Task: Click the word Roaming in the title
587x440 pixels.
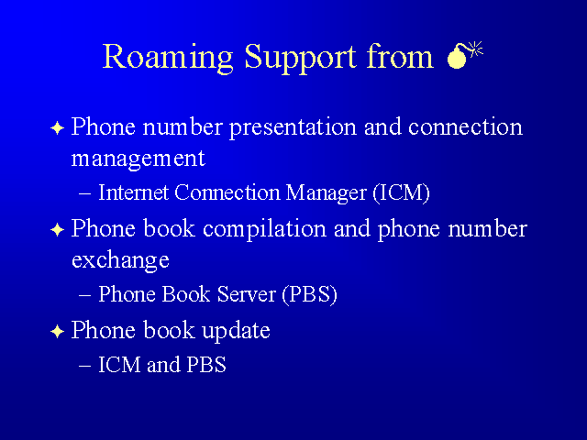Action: [x=168, y=58]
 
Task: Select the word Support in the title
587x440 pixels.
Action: [x=300, y=58]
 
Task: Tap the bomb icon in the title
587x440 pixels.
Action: [x=465, y=55]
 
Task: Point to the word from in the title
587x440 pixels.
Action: [x=400, y=56]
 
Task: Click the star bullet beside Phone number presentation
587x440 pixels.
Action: [x=57, y=128]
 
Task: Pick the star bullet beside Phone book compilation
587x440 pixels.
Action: [x=57, y=230]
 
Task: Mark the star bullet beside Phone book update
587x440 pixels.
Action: [x=57, y=332]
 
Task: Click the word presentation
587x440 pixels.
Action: [x=293, y=128]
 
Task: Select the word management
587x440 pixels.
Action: [x=138, y=159]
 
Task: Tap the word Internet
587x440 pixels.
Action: [x=133, y=192]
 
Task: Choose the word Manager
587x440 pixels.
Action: [x=326, y=193]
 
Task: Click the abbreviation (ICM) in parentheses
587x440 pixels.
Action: [x=402, y=193]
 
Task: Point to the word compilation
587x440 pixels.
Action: [x=264, y=230]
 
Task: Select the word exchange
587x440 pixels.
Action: [x=120, y=260]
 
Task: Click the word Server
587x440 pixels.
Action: [x=247, y=294]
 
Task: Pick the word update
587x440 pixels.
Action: [x=236, y=332]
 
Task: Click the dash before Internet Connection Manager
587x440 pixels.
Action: [x=85, y=194]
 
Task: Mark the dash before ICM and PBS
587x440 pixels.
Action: [x=85, y=366]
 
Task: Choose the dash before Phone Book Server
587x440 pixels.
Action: [x=85, y=296]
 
